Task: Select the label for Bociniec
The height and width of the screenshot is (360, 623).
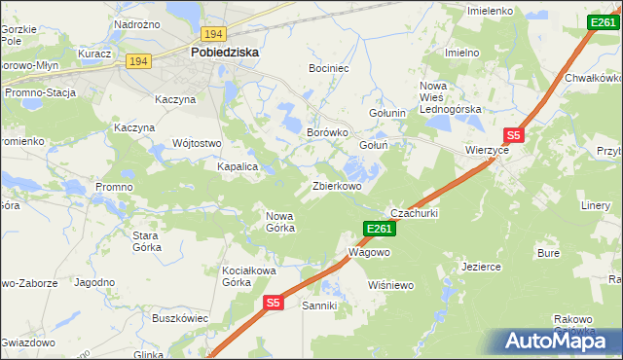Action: coord(329,70)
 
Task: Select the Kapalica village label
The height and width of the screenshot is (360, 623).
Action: coord(237,166)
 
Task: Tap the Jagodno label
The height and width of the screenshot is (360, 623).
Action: coord(94,282)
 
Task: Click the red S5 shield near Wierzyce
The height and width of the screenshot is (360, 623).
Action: coord(513,137)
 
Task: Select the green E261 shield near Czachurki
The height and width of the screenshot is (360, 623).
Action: coord(379,229)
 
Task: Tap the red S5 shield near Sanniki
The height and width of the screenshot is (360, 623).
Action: coord(273,304)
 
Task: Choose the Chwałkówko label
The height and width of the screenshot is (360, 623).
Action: coord(593,77)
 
